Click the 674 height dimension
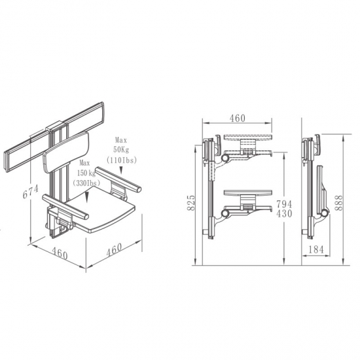pos(31,192)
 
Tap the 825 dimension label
pos(191,202)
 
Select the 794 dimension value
pos(284,204)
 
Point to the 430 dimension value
pos(284,214)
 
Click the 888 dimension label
pos(338,203)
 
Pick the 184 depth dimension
pos(316,249)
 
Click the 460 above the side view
pos(238,118)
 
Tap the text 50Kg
pos(121,150)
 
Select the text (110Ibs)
pos(122,160)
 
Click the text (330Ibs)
pos(86,183)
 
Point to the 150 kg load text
pos(86,173)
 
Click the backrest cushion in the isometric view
pos(66,153)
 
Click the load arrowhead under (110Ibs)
pos(121,170)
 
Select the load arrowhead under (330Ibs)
pos(86,197)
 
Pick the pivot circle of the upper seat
pos(225,158)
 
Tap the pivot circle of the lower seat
pos(225,214)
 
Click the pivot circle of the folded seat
pos(324,213)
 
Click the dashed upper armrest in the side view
pos(248,137)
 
